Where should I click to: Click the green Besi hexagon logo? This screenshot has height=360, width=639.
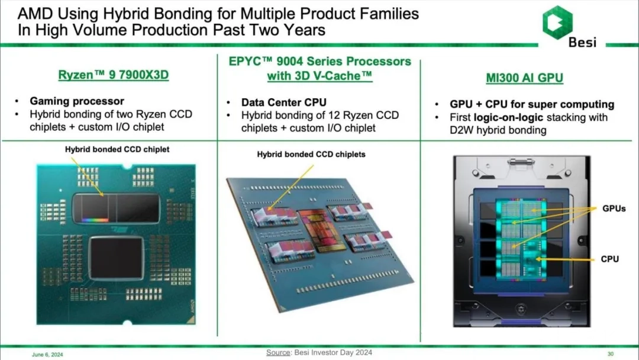[x=557, y=22]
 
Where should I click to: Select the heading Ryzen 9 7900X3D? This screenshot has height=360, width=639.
[x=113, y=75]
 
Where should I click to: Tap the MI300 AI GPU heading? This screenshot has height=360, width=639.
[x=524, y=78]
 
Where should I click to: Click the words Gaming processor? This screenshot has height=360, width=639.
[x=77, y=101]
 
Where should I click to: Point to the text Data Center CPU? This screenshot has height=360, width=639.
[x=283, y=102]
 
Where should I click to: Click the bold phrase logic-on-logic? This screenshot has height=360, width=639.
[x=508, y=117]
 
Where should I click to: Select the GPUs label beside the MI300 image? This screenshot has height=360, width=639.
[x=614, y=208]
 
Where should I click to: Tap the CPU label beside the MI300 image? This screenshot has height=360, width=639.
[x=609, y=259]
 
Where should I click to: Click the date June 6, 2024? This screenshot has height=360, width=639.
[x=47, y=355]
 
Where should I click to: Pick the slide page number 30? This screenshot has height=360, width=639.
[x=611, y=354]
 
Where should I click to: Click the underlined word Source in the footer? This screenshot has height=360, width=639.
[x=278, y=352]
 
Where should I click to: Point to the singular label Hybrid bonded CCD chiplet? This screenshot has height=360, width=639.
[x=117, y=150]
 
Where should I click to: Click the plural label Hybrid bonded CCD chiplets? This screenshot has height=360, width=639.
[x=311, y=155]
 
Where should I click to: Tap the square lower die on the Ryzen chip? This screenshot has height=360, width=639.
[x=117, y=259]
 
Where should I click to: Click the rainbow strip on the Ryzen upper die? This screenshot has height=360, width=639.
[x=95, y=220]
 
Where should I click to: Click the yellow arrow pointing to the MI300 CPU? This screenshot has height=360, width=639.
[x=565, y=259]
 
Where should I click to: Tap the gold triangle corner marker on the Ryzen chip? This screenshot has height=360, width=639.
[x=191, y=320]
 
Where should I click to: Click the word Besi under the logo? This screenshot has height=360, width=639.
[x=582, y=43]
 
